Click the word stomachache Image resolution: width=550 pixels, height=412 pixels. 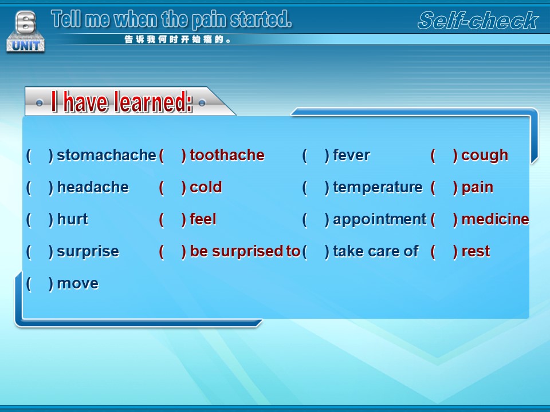point(107,155)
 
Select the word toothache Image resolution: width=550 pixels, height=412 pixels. point(227,155)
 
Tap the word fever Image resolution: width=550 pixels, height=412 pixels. point(351,155)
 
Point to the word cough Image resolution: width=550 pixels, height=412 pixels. point(485,156)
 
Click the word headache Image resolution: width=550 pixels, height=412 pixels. point(93,187)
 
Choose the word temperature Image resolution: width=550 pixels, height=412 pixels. point(378,188)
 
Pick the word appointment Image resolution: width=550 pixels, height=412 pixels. point(379,220)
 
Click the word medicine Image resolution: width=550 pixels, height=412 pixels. point(495,219)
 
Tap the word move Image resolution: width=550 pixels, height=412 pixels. point(77,284)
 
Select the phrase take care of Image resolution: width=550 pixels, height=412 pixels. point(376,251)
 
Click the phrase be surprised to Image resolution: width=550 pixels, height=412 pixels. point(245,252)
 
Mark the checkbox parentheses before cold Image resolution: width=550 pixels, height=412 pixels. point(172,188)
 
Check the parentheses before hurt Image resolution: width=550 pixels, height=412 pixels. point(40,220)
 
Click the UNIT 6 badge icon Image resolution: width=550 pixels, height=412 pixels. point(26,31)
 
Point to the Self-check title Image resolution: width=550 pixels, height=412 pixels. point(478,21)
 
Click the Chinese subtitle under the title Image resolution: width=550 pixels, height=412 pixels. point(178,39)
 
